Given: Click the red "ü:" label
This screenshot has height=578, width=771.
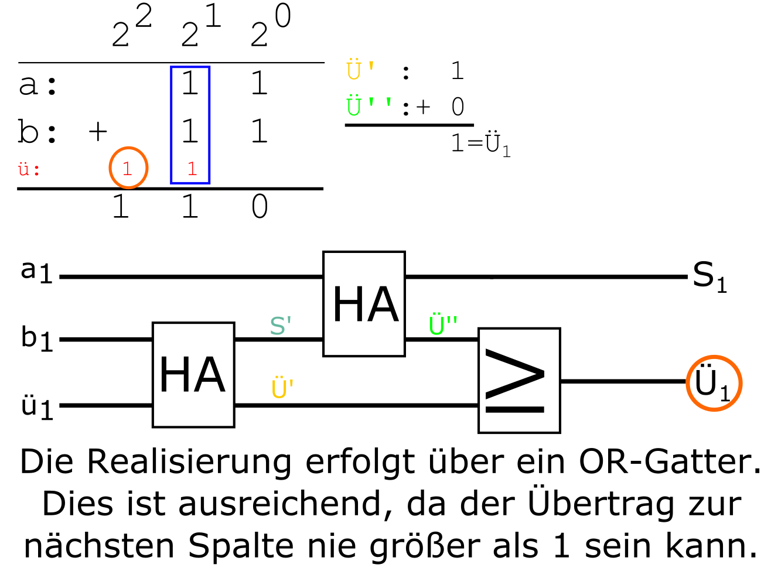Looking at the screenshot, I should pos(29,170).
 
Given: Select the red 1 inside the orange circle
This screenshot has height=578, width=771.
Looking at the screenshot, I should pos(127,169).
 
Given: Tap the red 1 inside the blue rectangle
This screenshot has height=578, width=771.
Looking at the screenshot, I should pos(192,169).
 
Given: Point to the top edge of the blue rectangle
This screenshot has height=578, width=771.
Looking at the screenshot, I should pos(190,67).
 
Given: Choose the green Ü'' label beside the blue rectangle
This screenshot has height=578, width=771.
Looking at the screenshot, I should pos(368,106).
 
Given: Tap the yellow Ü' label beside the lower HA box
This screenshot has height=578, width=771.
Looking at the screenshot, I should pos(282,389).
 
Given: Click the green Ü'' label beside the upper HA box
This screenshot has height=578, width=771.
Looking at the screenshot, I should pos(442,326).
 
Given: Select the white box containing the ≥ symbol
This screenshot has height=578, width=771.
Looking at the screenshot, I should pos(519,381).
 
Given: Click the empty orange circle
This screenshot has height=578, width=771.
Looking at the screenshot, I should pos(714,383).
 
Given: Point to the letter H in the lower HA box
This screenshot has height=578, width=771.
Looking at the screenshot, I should pos(174,375).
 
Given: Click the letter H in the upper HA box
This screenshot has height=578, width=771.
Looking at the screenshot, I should pos(347,305).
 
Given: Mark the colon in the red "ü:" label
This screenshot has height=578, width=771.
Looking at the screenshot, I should pos(37,170).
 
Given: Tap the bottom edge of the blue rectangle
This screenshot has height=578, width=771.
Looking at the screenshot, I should pos(190,183).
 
